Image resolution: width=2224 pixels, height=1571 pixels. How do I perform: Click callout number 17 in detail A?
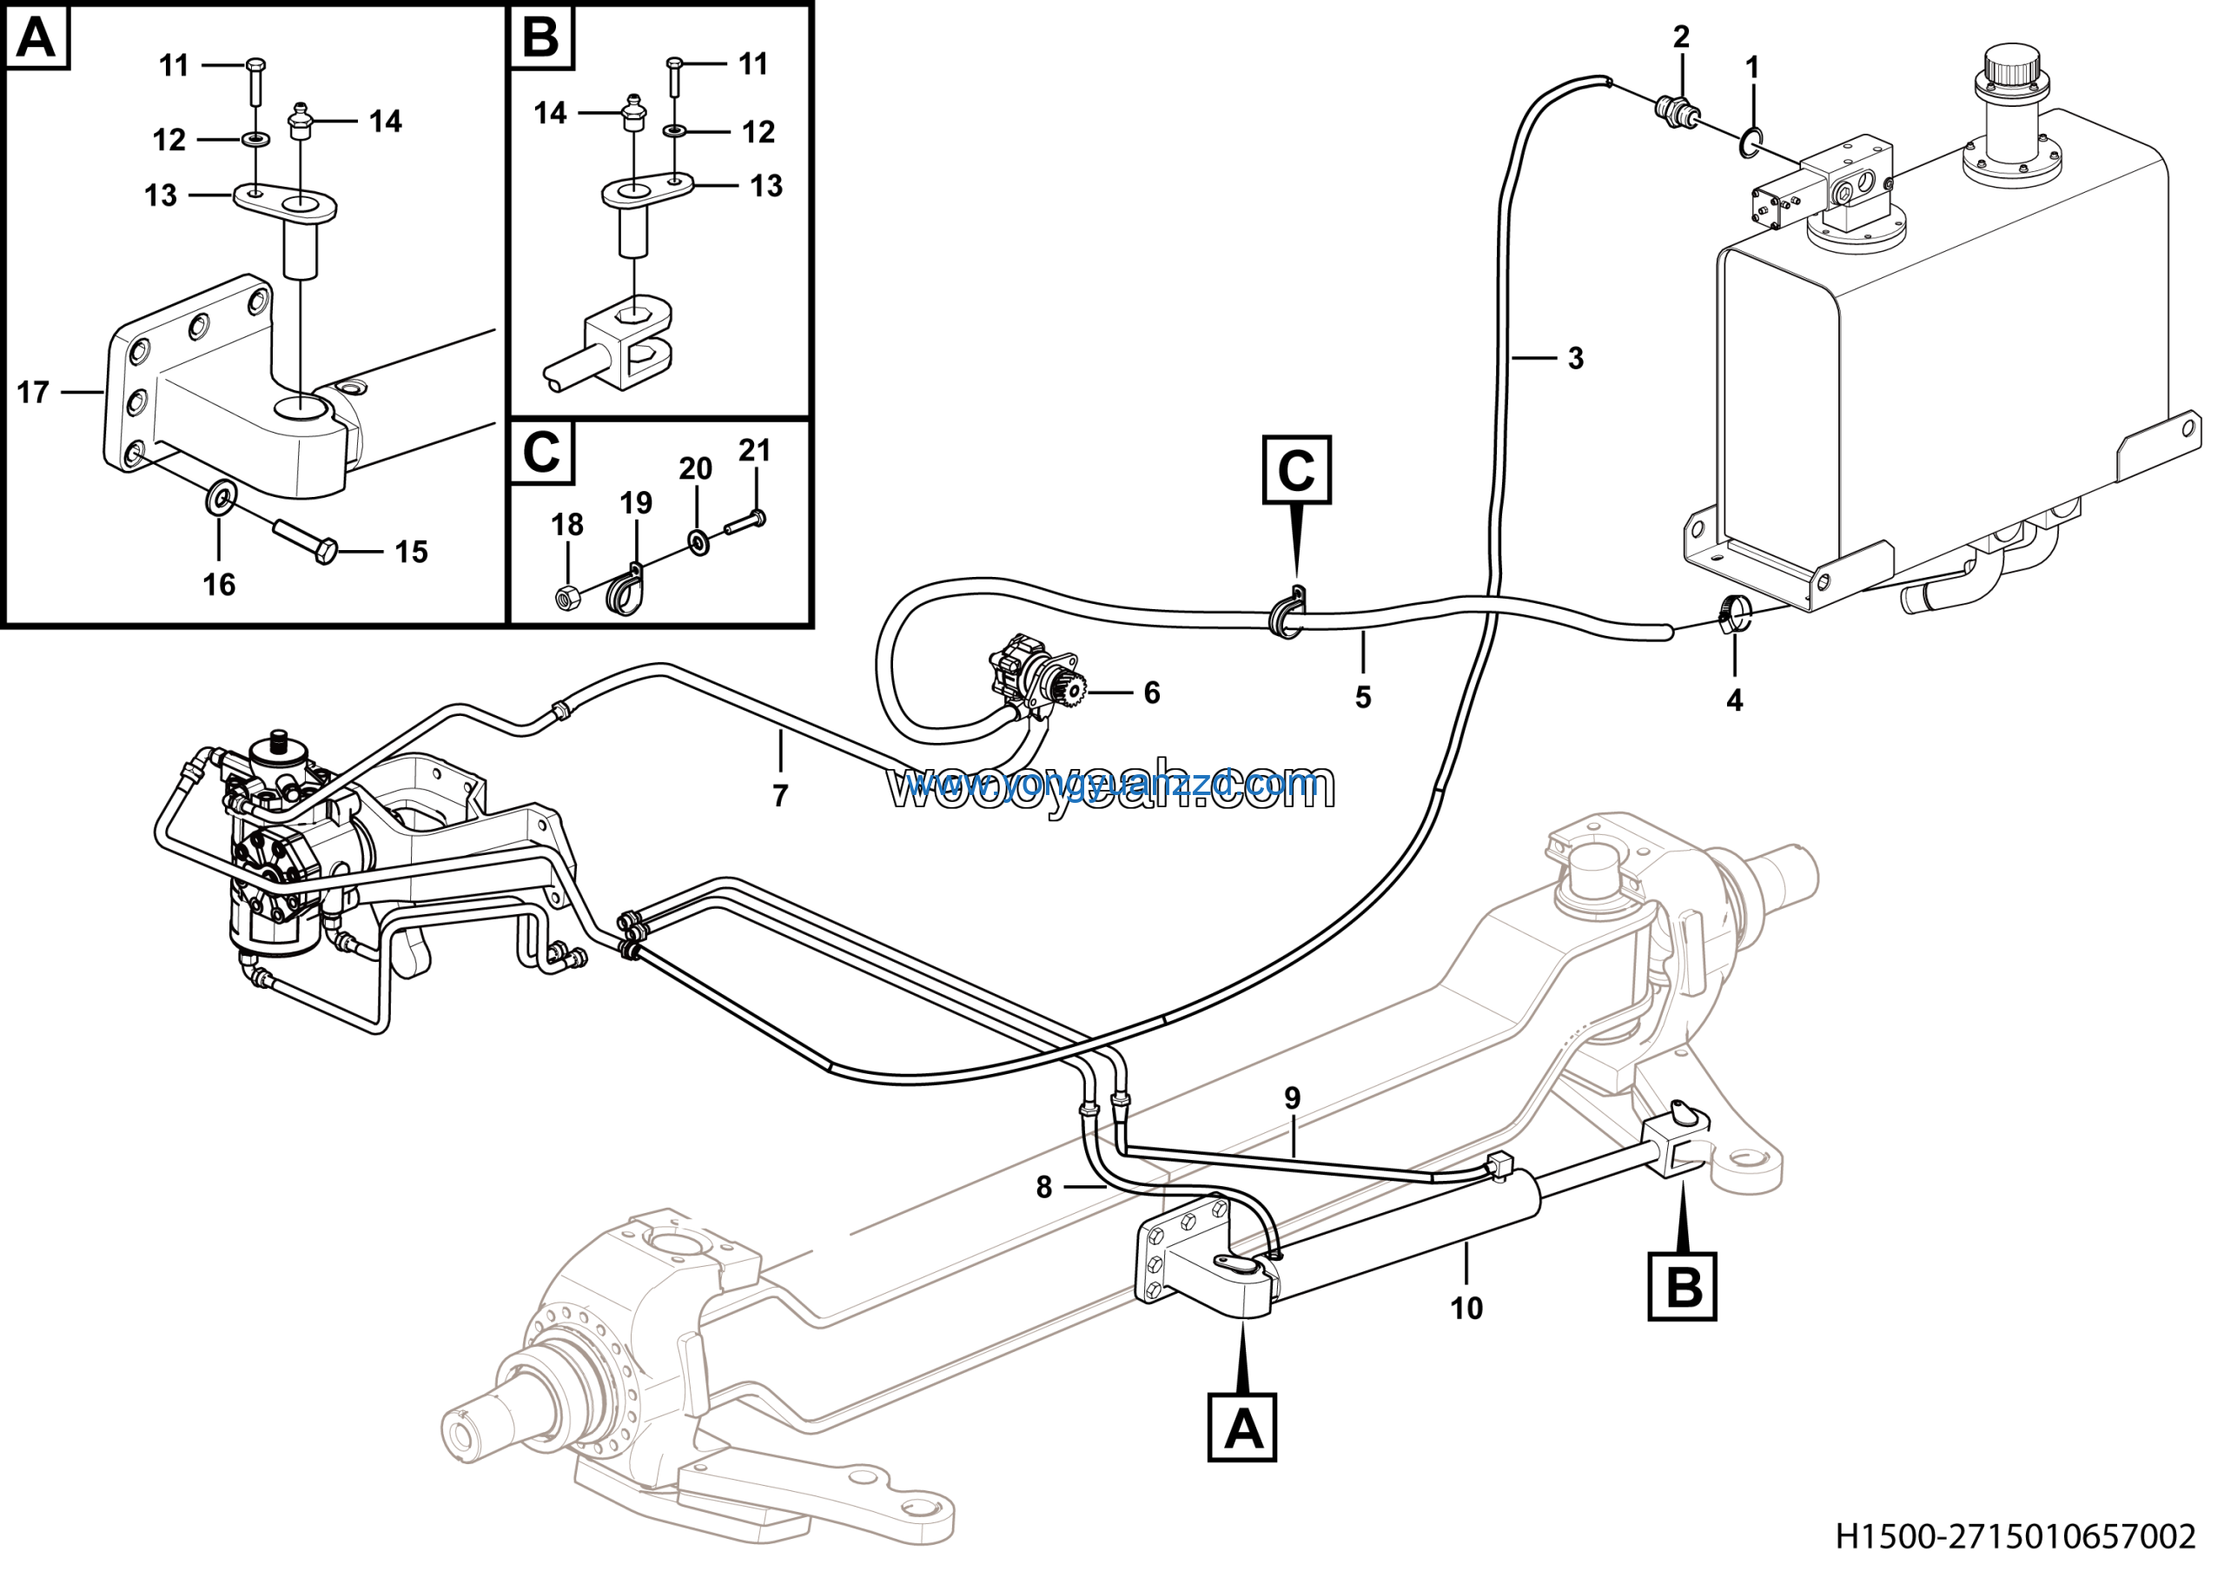pos(33,392)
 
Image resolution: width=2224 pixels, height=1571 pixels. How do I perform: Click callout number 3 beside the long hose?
pos(1576,358)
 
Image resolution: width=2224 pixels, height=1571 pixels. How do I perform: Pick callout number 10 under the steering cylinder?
pos(1466,1309)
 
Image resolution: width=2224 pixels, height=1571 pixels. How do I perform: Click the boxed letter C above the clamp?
pos(1296,471)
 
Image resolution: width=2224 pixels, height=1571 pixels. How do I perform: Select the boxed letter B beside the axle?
pos(1683,1287)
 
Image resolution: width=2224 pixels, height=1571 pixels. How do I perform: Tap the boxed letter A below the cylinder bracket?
pos(1243,1428)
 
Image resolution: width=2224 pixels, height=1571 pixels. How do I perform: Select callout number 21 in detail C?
pos(755,450)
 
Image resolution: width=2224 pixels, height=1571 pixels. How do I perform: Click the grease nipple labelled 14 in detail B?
pos(632,112)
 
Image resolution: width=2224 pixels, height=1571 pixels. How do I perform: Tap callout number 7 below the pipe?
pos(780,796)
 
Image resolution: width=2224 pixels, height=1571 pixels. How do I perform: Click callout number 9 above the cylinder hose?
pos(1292,1098)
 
